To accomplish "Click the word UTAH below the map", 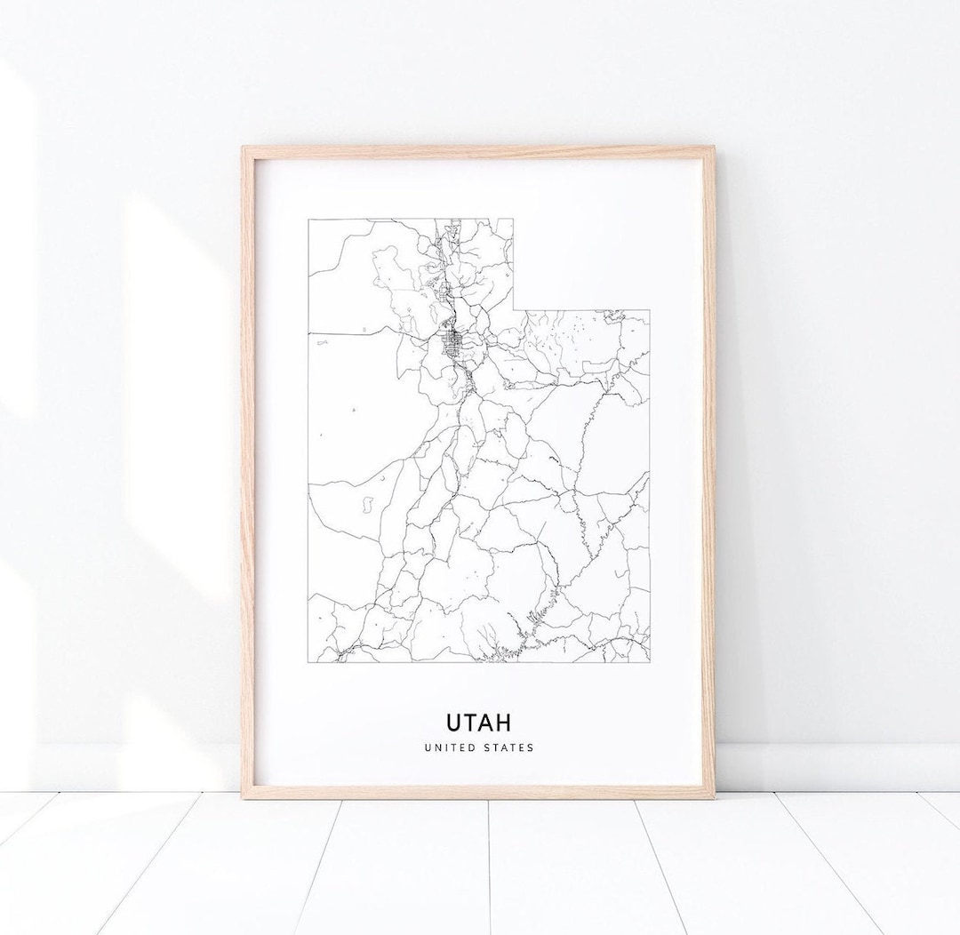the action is tap(478, 719).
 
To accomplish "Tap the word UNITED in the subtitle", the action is tap(448, 747).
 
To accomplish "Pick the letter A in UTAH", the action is tap(488, 719).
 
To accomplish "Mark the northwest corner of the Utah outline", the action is tap(308, 219).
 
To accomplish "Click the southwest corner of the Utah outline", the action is tap(308, 662).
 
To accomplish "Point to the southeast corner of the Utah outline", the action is tap(650, 662).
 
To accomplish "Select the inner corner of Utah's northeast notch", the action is tap(514, 310).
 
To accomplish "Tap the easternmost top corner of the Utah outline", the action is tap(650, 310).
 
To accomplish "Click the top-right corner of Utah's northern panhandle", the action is tap(514, 219).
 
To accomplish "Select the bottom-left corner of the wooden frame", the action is tap(244, 797).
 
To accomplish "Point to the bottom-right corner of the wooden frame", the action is tap(714, 797).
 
